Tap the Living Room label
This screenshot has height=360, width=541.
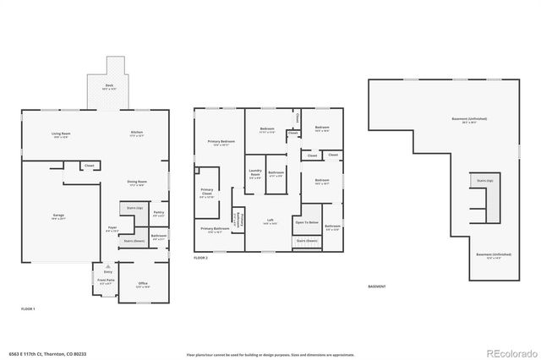(61, 134)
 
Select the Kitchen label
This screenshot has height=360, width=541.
(136, 134)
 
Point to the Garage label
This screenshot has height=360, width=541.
(59, 216)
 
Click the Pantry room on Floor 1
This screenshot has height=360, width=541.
(158, 214)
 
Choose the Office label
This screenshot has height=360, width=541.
(142, 286)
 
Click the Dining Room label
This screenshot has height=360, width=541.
(136, 183)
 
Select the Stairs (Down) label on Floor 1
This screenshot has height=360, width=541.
(134, 241)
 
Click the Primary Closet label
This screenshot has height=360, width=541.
(207, 192)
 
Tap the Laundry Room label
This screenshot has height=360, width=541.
(255, 174)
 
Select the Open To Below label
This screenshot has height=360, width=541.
(306, 222)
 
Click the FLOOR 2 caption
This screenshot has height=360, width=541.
(200, 258)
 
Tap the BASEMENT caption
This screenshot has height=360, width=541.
(377, 286)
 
